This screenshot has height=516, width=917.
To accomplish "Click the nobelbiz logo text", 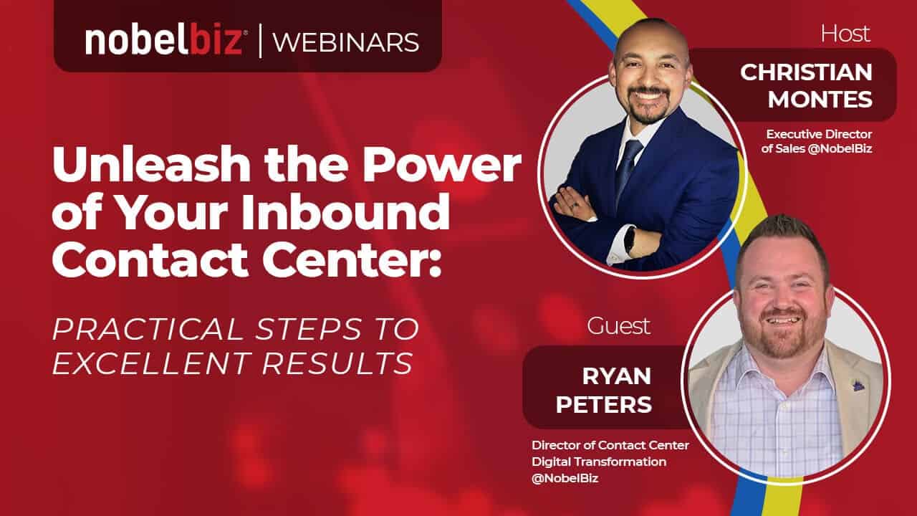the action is [165, 41].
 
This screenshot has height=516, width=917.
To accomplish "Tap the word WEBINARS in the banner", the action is [346, 42].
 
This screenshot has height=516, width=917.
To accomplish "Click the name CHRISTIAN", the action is [806, 72].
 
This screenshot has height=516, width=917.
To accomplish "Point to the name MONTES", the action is [820, 100].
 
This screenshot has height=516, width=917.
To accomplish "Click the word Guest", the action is [618, 326].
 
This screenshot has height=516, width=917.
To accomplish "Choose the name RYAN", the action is [617, 376].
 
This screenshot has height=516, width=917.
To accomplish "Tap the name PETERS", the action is [604, 404].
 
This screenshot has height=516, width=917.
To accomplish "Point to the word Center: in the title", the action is [352, 260].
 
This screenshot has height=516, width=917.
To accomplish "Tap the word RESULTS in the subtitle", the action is [337, 363].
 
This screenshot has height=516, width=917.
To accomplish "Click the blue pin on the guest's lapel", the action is [858, 386].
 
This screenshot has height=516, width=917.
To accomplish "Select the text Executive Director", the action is [819, 134].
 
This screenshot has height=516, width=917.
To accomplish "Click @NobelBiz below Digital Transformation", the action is [565, 478].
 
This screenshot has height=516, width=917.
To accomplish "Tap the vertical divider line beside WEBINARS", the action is [260, 41].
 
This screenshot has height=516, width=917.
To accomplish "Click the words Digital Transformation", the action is [599, 462].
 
